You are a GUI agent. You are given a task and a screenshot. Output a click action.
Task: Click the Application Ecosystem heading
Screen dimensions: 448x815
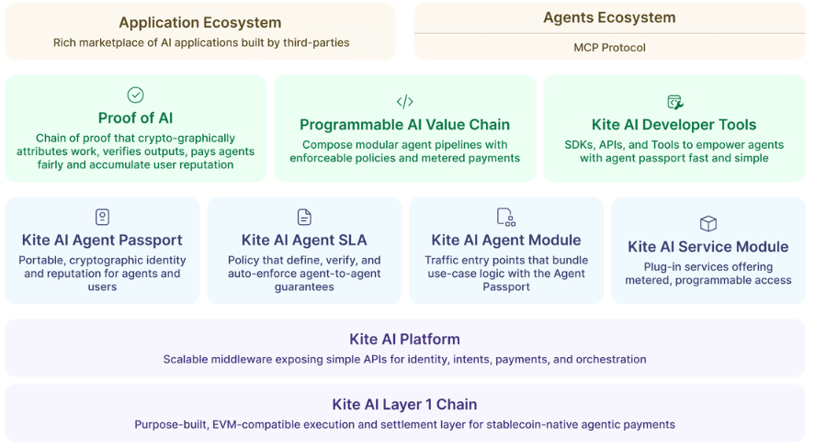(200, 23)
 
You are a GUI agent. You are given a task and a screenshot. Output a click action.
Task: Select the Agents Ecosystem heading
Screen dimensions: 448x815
(609, 17)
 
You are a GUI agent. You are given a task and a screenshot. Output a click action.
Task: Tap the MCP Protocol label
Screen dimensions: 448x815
(609, 48)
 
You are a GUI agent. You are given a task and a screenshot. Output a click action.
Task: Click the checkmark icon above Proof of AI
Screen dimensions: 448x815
(135, 95)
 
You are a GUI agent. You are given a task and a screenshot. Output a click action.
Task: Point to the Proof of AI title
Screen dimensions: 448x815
(135, 118)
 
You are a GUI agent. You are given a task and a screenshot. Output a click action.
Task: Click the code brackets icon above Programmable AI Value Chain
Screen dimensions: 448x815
(404, 102)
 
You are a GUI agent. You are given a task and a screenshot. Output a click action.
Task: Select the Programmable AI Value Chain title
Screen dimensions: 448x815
(404, 125)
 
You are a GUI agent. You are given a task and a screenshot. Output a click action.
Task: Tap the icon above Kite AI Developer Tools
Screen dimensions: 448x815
(674, 102)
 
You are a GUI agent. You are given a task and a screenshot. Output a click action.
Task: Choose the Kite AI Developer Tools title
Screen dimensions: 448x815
(674, 125)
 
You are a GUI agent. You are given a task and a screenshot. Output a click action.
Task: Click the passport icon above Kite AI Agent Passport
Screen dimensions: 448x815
(102, 217)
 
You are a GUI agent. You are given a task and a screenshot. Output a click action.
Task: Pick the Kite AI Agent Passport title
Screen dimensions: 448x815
(102, 241)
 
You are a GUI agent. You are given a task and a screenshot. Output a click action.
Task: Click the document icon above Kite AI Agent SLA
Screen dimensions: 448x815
(304, 217)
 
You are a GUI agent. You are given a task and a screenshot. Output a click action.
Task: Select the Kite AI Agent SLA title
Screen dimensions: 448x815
(304, 241)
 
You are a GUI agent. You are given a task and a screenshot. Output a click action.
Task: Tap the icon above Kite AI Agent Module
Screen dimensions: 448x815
(505, 217)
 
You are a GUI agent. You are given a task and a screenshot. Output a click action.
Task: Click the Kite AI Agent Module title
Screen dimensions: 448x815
(505, 241)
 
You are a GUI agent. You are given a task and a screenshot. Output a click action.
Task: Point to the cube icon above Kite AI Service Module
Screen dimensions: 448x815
(707, 223)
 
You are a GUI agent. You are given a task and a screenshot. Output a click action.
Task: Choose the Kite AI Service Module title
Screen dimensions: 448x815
(707, 247)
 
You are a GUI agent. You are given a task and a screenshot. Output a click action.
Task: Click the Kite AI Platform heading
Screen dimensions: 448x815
(404, 339)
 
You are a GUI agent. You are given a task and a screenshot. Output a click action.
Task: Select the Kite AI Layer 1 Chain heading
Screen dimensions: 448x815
(404, 404)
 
